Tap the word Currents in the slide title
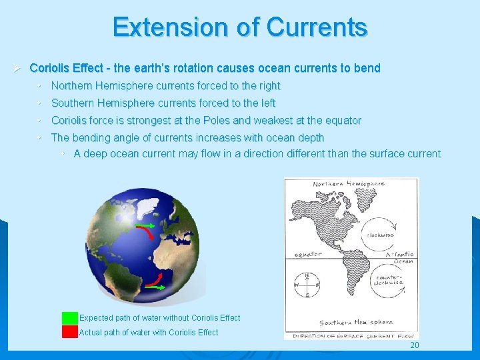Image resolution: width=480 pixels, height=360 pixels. [x=317, y=27]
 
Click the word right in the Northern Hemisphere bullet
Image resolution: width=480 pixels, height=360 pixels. [x=268, y=86]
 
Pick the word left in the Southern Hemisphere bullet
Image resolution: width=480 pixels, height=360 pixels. [x=266, y=103]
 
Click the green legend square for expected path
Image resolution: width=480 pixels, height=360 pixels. [x=70, y=318]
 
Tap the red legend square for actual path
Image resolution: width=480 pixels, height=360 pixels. [x=70, y=332]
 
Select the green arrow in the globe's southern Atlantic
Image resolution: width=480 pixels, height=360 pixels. [x=157, y=287]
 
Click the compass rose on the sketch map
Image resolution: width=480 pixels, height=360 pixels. [x=306, y=286]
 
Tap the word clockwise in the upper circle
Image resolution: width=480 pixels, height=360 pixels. [x=379, y=235]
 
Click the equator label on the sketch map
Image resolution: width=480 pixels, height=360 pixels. [x=307, y=254]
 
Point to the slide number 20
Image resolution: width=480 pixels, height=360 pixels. [x=415, y=345]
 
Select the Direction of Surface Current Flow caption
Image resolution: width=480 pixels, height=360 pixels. [x=353, y=337]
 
